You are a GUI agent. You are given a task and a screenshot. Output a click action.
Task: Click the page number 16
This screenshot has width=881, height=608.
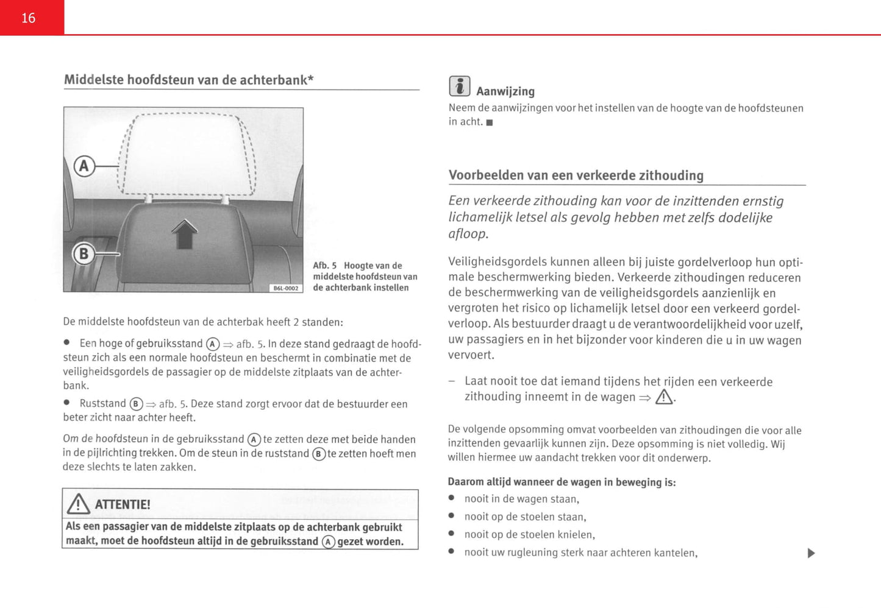click(x=29, y=18)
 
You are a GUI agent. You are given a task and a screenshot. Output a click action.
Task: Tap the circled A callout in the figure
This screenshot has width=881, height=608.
click(x=85, y=166)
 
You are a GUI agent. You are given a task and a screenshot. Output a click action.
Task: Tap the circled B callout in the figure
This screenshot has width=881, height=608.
click(x=84, y=253)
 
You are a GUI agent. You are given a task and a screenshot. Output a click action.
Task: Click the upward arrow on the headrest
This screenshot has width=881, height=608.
click(x=184, y=235)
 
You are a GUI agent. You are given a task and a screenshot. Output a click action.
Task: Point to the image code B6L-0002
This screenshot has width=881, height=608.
click(x=286, y=288)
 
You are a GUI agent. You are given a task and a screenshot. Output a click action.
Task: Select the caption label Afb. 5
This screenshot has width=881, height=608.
click(x=324, y=266)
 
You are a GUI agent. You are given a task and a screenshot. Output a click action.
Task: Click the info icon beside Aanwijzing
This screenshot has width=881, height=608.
click(x=459, y=87)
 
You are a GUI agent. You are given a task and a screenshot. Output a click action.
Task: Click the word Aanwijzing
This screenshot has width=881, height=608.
click(x=505, y=91)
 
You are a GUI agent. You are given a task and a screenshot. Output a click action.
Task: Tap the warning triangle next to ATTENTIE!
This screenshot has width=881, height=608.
click(x=79, y=504)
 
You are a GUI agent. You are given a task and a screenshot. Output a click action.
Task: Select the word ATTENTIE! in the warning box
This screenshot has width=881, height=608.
click(x=123, y=504)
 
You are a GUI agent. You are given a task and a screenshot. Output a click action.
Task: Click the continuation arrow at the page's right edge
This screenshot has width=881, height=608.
click(x=811, y=553)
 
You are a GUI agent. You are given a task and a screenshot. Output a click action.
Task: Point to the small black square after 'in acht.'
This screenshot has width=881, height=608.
click(x=490, y=122)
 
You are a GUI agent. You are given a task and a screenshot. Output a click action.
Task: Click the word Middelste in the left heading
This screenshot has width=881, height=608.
click(x=94, y=80)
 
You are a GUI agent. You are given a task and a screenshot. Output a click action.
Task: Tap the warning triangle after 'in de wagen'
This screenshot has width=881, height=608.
click(x=664, y=398)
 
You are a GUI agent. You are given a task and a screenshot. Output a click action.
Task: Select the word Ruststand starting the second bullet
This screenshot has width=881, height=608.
click(x=102, y=403)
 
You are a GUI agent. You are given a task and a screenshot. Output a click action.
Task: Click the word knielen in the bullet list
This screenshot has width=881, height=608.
click(x=575, y=535)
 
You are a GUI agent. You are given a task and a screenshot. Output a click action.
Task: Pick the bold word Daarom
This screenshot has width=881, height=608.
click(x=465, y=482)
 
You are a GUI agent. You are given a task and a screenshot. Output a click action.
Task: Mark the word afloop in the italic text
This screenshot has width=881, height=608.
click(x=467, y=234)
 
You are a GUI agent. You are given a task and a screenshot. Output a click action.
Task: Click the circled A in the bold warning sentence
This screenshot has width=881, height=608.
click(x=329, y=542)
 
